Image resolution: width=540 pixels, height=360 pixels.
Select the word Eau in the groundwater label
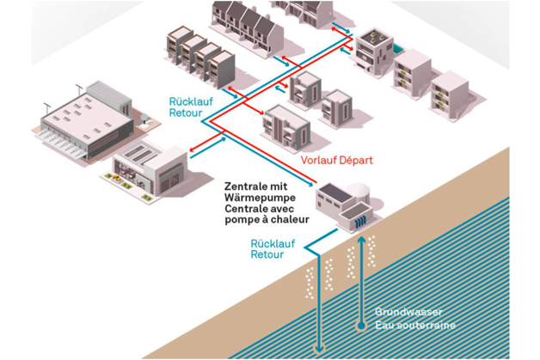click(x=384, y=325)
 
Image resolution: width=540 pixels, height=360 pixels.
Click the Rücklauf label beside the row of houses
click(x=188, y=101)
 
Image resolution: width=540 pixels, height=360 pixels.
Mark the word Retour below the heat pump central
click(x=267, y=255)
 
